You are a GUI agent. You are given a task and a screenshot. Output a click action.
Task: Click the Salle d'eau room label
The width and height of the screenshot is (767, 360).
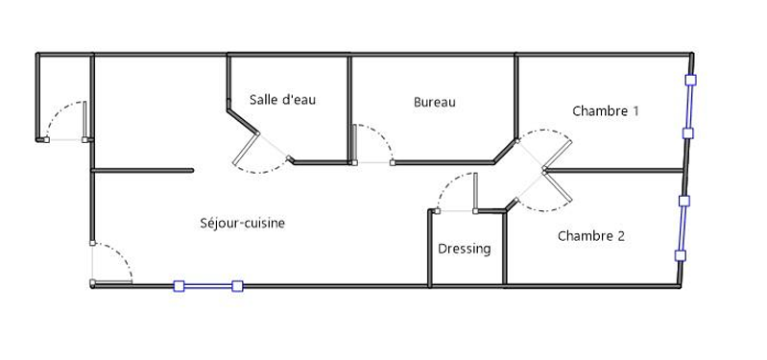[x=282, y=100]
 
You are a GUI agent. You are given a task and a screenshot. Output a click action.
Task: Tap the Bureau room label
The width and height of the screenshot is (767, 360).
[x=434, y=102]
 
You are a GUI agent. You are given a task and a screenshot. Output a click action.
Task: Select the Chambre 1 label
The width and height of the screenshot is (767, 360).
[x=605, y=111]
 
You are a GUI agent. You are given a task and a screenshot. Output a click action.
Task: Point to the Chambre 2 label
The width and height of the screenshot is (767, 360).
[x=591, y=236]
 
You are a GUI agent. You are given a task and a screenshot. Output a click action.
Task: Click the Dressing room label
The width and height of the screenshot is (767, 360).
[x=465, y=249]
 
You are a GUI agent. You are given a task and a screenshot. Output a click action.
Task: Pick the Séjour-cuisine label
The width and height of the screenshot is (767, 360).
[x=243, y=223]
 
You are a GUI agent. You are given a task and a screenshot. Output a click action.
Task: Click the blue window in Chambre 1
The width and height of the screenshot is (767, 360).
[x=689, y=107]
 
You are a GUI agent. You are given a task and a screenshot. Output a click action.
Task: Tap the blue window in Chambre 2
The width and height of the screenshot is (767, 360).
[x=683, y=228]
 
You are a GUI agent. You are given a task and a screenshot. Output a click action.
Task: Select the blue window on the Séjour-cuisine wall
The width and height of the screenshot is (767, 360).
[x=208, y=286]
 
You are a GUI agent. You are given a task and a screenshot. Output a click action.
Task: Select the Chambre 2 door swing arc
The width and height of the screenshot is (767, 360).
[x=544, y=210]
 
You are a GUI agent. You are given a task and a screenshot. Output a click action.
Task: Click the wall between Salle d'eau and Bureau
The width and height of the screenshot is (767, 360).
[x=349, y=108]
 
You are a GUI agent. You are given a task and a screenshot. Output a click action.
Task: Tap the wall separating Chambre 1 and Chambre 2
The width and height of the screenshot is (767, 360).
[x=614, y=171]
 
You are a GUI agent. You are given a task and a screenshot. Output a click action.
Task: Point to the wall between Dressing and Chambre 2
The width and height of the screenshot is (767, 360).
[x=505, y=248]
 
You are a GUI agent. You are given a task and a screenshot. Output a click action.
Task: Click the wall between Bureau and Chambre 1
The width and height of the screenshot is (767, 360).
[x=515, y=97]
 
